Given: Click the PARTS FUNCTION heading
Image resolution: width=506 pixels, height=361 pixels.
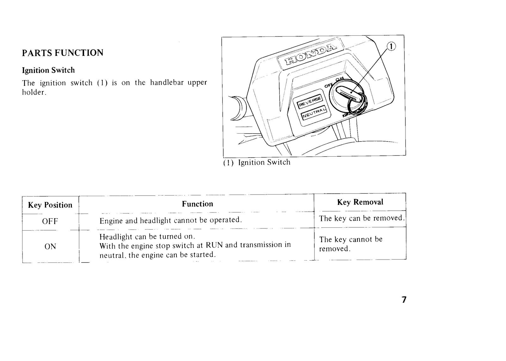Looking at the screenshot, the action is [63, 53].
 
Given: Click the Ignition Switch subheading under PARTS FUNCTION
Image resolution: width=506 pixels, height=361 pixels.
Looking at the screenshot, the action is [48, 70].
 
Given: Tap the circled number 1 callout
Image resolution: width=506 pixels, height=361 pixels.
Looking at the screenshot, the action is [392, 46].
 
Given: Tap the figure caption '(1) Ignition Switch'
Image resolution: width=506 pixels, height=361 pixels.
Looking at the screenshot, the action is [257, 162].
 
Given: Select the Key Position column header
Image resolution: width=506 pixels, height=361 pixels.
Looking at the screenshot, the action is [50, 205].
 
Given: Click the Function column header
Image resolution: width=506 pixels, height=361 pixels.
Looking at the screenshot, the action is [197, 204].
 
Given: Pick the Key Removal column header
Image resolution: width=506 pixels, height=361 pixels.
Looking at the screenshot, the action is [360, 202].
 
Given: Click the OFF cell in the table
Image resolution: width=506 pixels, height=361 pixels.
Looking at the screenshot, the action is [50, 221].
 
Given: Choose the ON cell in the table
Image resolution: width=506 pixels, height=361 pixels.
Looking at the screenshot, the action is [50, 247].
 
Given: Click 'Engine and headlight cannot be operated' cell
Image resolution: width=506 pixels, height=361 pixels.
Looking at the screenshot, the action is [171, 220].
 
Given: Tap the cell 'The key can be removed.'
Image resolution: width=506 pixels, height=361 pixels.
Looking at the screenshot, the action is [362, 219].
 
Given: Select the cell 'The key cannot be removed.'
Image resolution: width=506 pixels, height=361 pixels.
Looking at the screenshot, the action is [351, 244].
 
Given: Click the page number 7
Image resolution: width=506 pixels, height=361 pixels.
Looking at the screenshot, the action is [404, 300].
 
